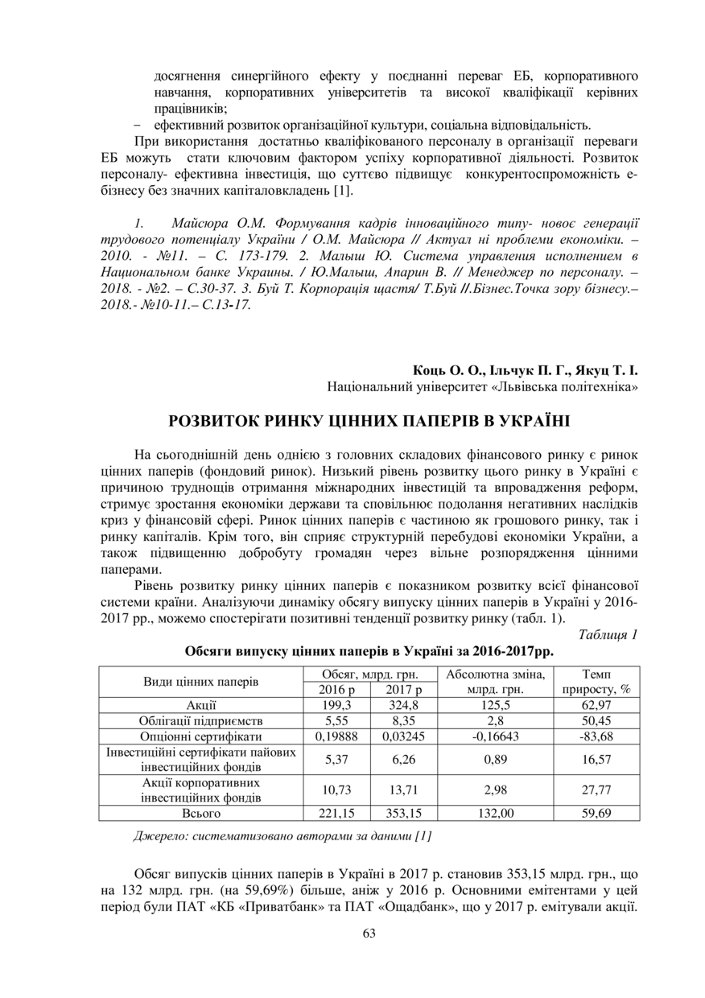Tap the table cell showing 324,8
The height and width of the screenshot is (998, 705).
pos(403,705)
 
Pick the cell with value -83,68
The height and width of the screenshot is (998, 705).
pos(596,736)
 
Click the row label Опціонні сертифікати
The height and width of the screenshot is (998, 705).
pos(200,736)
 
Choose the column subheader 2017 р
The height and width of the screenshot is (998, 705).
pos(403,690)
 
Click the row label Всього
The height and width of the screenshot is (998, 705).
pos(200,813)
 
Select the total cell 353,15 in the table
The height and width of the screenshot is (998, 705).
pos(403,813)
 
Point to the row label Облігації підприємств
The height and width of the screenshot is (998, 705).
pos(200,720)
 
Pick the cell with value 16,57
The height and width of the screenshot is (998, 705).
pos(596,758)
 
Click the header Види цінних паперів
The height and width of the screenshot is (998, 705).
pos(200,682)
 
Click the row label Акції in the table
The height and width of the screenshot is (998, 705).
pos(200,705)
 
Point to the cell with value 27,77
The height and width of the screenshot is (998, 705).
pos(596,790)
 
